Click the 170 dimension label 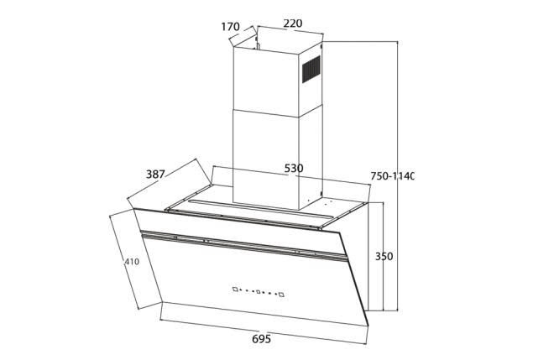pyautogui.click(x=231, y=27)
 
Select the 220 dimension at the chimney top pyautogui.click(x=293, y=23)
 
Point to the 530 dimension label pyautogui.click(x=294, y=169)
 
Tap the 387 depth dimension pyautogui.click(x=155, y=175)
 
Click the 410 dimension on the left pyautogui.click(x=132, y=262)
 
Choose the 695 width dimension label pyautogui.click(x=262, y=338)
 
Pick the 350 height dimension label pyautogui.click(x=384, y=256)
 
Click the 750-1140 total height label pyautogui.click(x=392, y=176)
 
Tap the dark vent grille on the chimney pyautogui.click(x=311, y=70)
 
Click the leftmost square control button pyautogui.click(x=235, y=290)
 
